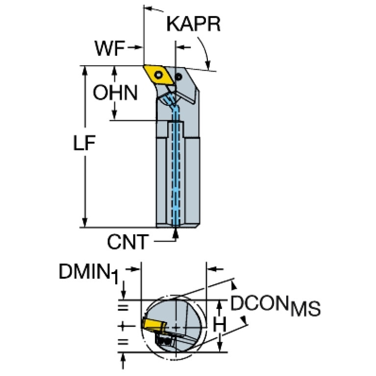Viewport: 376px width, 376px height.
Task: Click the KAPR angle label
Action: pyautogui.click(x=193, y=24)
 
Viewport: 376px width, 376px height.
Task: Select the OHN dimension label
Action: pyautogui.click(x=115, y=92)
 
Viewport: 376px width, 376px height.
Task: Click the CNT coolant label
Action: pyautogui.click(x=127, y=242)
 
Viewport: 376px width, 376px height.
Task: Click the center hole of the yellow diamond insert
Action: pyautogui.click(x=159, y=75)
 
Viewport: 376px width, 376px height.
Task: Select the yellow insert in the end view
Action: pyautogui.click(x=153, y=325)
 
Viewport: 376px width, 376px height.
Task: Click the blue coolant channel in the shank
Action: pyautogui.click(x=175, y=172)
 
